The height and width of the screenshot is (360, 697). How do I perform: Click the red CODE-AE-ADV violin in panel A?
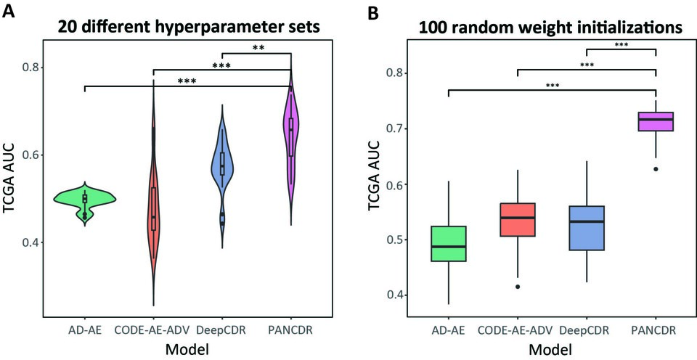(154, 210)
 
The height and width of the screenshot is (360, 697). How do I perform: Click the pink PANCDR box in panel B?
(656, 121)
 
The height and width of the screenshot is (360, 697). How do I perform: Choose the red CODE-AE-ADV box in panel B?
(517, 219)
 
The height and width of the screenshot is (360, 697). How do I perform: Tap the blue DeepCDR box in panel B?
(587, 228)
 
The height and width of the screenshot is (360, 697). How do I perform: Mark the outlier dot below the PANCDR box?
(656, 169)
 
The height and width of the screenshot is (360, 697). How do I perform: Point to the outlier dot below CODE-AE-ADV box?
(517, 287)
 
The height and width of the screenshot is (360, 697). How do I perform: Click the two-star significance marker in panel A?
(256, 48)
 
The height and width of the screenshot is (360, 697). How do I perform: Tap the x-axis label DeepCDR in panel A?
(222, 330)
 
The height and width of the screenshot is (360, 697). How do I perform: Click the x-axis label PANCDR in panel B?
(656, 330)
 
